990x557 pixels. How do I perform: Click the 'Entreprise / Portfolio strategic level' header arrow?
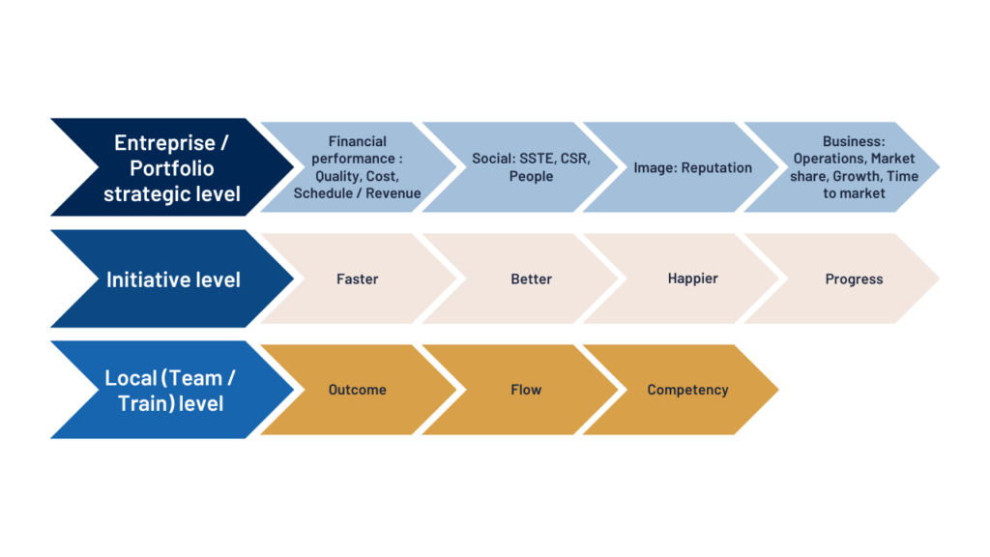(x=172, y=167)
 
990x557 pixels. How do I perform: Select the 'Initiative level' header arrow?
(x=172, y=278)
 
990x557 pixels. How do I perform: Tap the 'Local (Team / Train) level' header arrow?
(x=172, y=390)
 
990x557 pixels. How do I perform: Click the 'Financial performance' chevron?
(x=358, y=167)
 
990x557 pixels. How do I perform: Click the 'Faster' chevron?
(x=358, y=278)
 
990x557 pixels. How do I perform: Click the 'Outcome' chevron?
(x=358, y=390)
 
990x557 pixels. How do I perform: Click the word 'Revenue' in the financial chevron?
(x=393, y=193)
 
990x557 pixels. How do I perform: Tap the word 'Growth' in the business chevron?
(x=857, y=176)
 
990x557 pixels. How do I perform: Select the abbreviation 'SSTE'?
(x=536, y=159)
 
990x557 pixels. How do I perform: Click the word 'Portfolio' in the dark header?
(x=172, y=168)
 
